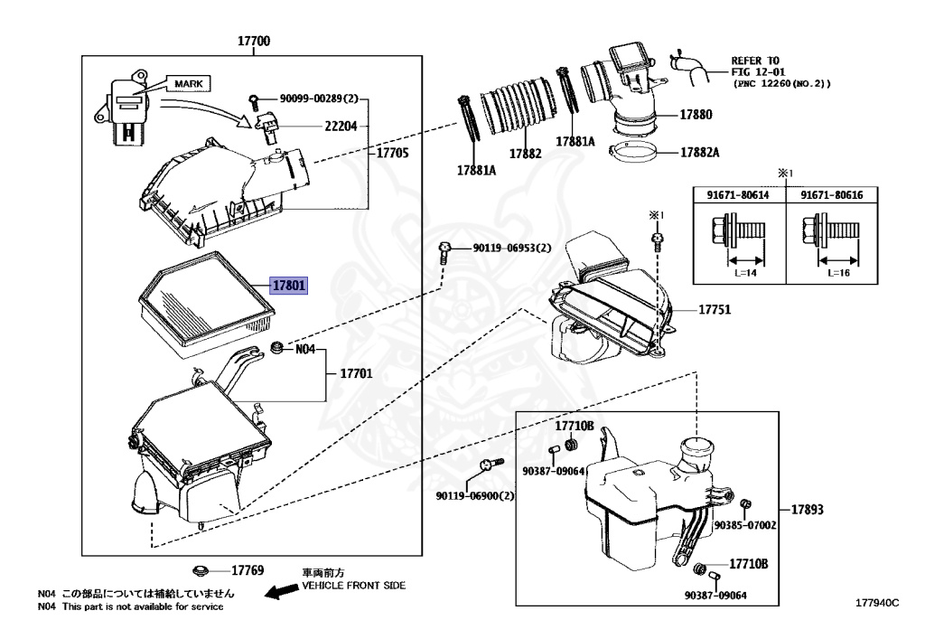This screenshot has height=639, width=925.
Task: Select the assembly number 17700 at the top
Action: (x=254, y=42)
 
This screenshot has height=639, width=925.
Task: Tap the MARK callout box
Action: (x=187, y=83)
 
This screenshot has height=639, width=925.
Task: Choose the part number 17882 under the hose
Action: (x=525, y=154)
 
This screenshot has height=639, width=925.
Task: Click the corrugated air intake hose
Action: (x=519, y=108)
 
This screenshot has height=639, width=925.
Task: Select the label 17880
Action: (x=696, y=115)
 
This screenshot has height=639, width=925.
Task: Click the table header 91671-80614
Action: (x=731, y=194)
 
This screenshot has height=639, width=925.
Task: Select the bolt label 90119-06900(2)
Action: (x=474, y=496)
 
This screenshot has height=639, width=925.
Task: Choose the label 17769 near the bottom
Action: (x=248, y=570)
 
